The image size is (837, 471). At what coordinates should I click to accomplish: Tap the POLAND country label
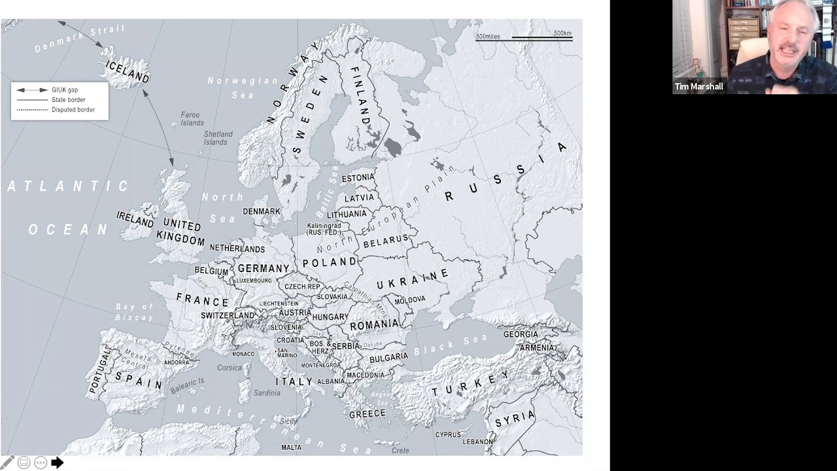(330, 262)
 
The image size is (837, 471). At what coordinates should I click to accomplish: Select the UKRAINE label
(413, 279)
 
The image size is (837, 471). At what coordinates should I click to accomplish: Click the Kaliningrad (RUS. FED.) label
(324, 229)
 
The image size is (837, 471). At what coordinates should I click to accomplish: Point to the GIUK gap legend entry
(64, 90)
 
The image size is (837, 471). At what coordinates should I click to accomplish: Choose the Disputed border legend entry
(73, 110)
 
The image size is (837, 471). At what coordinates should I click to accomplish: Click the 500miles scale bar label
(488, 37)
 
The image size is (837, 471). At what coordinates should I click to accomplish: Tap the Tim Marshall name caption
(699, 86)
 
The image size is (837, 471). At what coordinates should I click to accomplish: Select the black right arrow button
(58, 462)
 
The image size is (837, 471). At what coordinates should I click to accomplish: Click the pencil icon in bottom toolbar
(8, 462)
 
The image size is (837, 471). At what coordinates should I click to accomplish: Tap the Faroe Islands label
(192, 118)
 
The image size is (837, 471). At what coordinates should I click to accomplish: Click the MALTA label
(291, 447)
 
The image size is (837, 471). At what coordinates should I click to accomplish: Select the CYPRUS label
(448, 434)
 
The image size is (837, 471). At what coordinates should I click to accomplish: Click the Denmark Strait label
(79, 39)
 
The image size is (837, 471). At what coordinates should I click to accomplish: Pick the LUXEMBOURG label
(254, 281)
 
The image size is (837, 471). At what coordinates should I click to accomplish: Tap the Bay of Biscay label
(134, 312)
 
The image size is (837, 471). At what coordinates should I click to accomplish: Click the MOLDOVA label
(410, 300)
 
